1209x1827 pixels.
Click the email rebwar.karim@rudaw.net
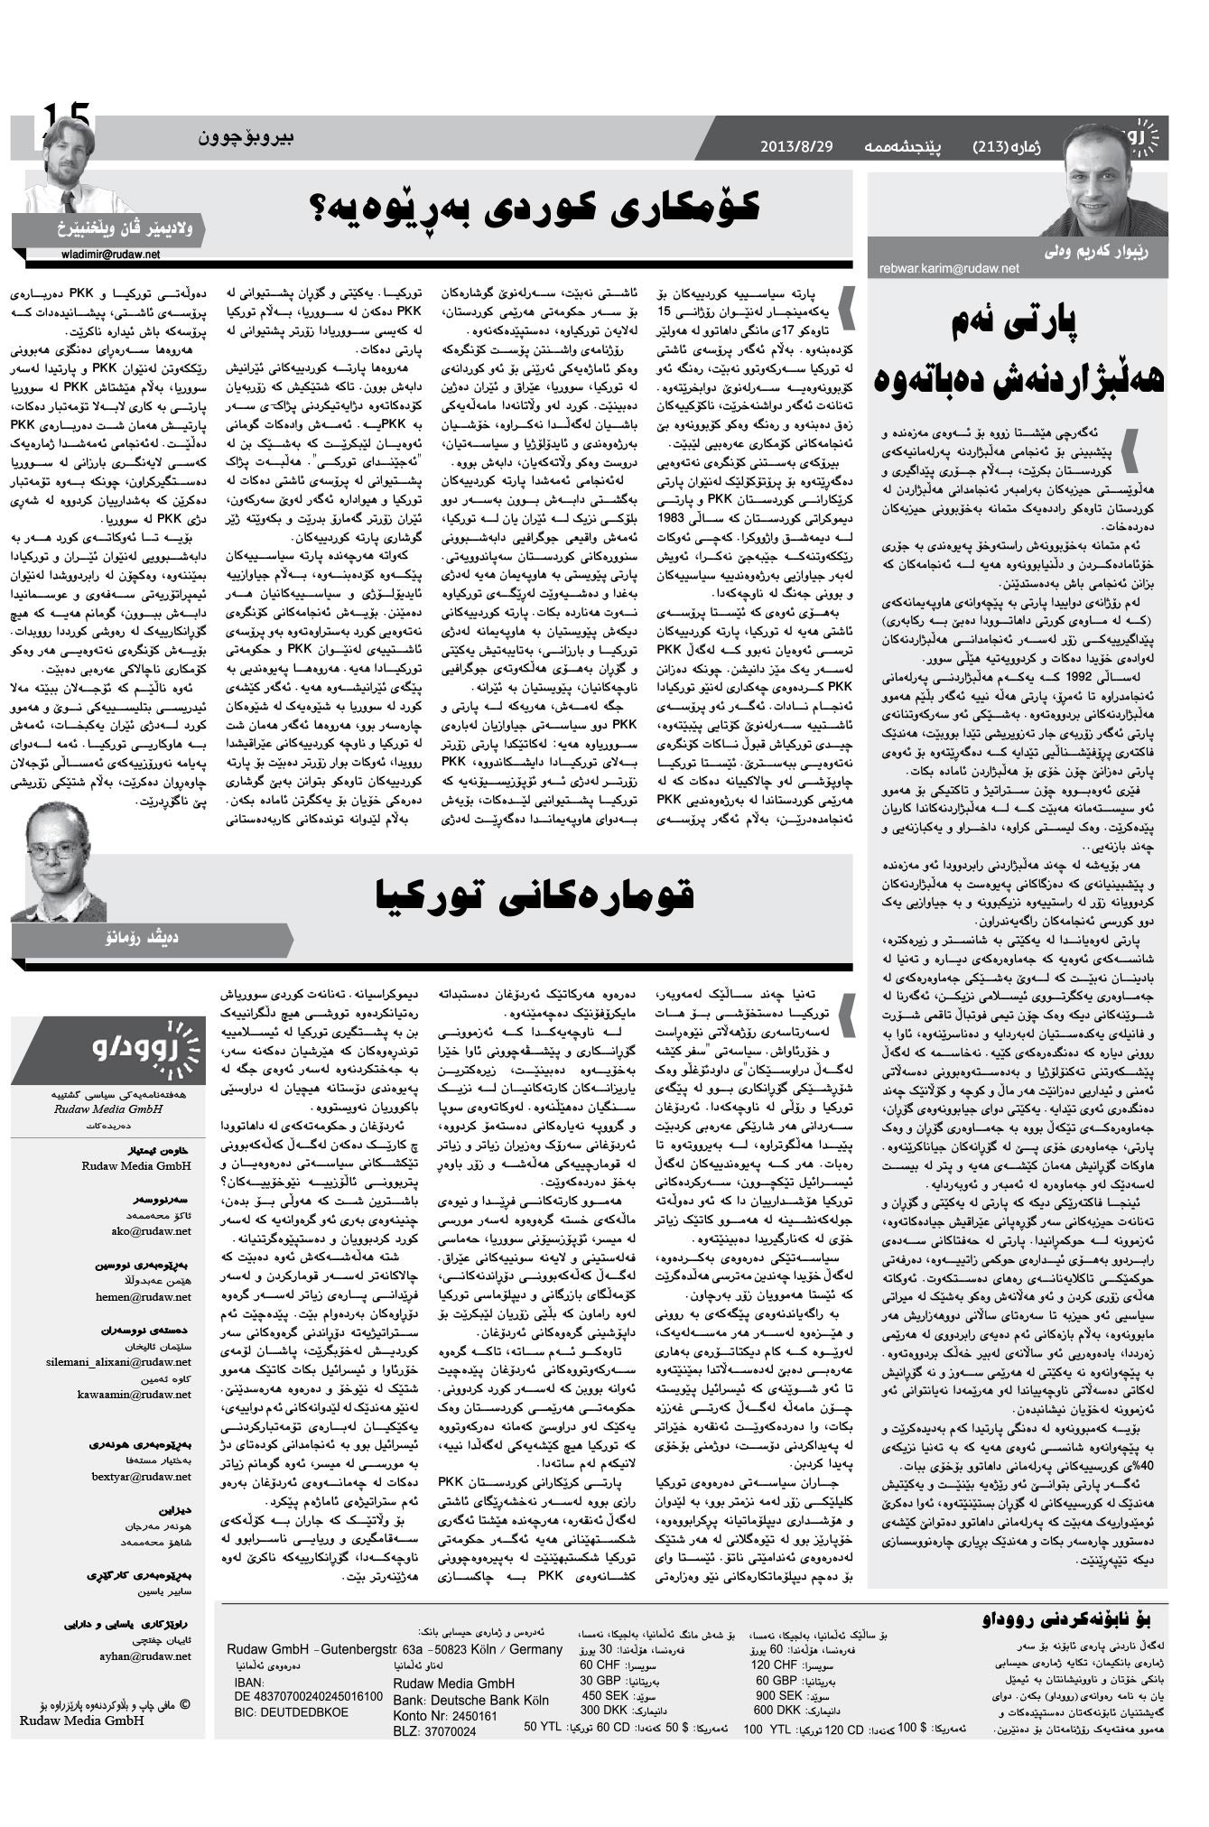pyautogui.click(x=948, y=268)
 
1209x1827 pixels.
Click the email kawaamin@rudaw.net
pyautogui.click(x=135, y=1394)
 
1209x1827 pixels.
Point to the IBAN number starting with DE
pyautogui.click(x=308, y=1695)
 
